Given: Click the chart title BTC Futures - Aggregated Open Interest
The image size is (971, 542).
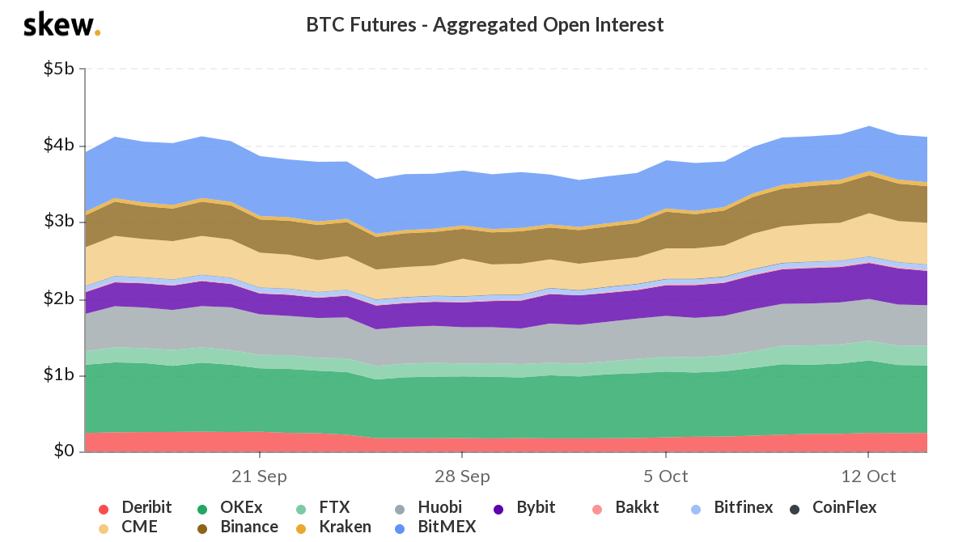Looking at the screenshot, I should coord(485,25).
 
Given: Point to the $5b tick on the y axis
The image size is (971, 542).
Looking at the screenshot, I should coord(58,70).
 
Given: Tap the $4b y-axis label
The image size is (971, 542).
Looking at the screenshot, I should coord(58,146).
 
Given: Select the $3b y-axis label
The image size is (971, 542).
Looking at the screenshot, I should coord(58,222).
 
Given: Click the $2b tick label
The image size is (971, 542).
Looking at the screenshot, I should coord(58,299).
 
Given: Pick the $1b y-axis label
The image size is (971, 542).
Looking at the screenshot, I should coord(58,375).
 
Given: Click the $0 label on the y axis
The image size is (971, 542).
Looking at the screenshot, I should coord(64,451).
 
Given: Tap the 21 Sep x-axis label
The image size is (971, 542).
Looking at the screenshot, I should coord(259,476).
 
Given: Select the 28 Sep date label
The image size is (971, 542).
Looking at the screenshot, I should coord(461,476).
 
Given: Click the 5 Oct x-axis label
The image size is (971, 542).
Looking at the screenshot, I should coord(665,476).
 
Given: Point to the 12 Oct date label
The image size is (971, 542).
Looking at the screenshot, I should coord(867,476).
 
